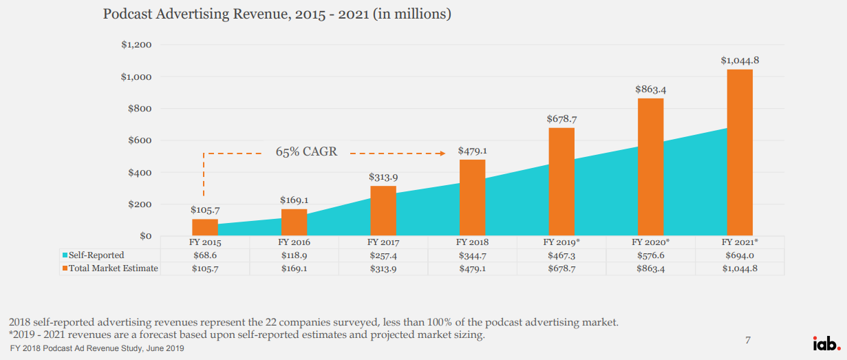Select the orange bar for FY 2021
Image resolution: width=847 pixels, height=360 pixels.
740,152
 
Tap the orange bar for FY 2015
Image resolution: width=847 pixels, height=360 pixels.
205,227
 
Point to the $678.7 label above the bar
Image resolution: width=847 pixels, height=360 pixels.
561,118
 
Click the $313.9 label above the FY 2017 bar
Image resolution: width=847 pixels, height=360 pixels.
383,177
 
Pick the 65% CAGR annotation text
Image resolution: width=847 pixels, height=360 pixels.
307,151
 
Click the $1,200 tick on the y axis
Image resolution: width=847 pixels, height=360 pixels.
138,45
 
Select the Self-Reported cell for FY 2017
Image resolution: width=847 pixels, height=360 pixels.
383,255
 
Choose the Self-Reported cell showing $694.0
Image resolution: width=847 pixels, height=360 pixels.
740,255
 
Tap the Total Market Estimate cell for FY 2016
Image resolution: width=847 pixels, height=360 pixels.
294,268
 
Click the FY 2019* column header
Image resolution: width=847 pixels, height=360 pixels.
561,242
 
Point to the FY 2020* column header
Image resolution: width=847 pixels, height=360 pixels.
650,242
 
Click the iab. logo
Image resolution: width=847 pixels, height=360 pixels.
825,343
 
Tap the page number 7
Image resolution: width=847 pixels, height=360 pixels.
748,340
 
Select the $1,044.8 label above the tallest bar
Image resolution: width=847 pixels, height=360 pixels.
740,61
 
